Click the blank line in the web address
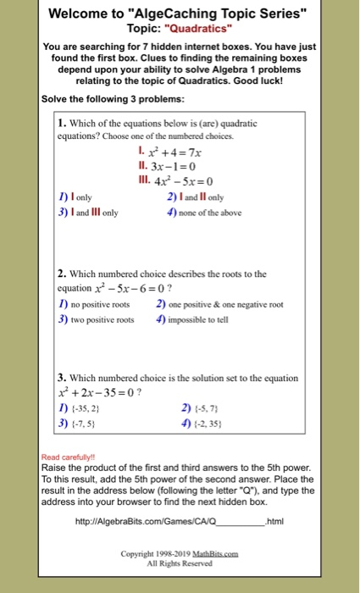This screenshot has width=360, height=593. tap(241, 523)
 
